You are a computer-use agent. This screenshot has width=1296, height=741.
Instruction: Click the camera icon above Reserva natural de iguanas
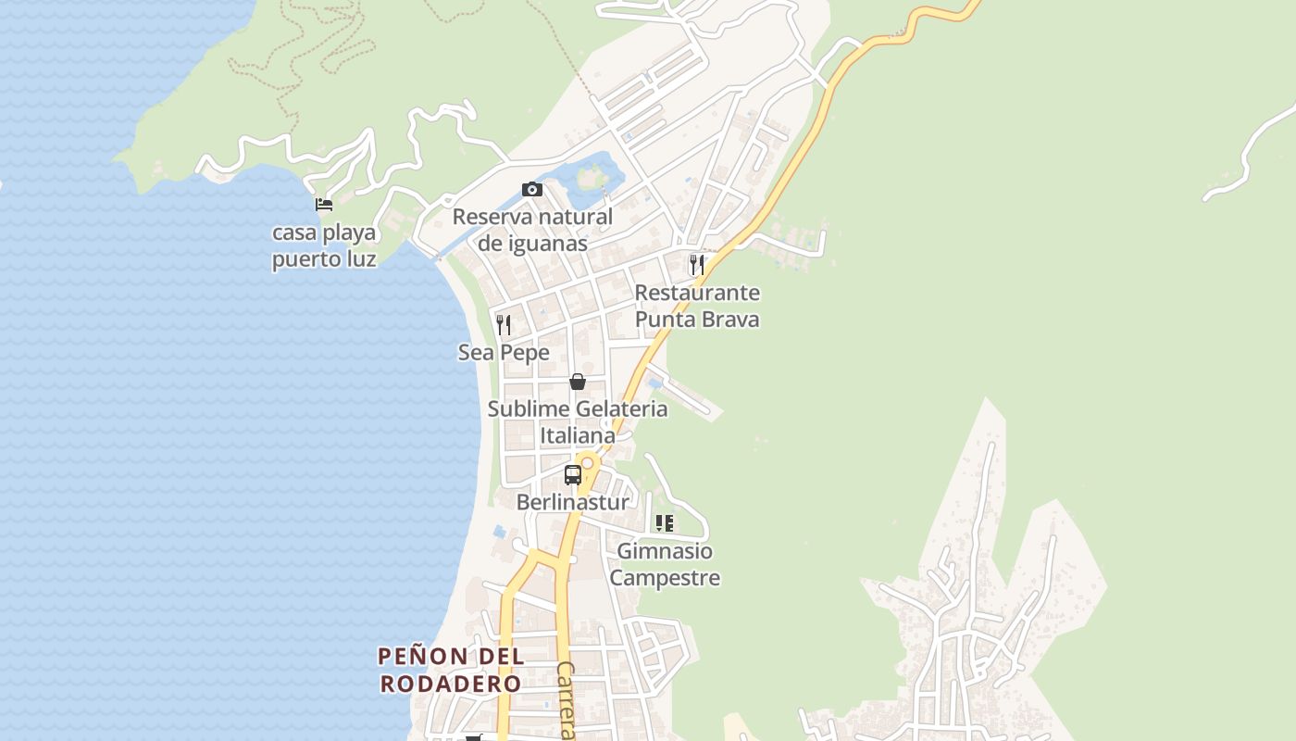coord(532,189)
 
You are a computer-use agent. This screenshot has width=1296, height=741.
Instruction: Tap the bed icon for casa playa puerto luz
coord(324,204)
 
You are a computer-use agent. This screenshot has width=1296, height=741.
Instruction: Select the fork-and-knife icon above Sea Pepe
coord(504,324)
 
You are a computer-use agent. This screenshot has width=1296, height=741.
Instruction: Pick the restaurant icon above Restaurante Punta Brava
coord(697,264)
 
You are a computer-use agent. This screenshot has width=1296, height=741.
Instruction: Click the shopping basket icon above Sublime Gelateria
coord(578,382)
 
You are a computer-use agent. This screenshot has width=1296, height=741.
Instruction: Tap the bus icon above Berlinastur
coord(573,475)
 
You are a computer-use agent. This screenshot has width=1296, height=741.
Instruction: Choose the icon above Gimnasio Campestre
coord(665,523)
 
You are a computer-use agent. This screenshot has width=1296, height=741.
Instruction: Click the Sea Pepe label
coord(504,353)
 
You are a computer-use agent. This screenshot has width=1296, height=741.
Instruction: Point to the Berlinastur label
coord(572,502)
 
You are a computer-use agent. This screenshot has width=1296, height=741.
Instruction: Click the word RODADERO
coord(451,684)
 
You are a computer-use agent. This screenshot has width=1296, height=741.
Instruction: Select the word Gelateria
coord(621,408)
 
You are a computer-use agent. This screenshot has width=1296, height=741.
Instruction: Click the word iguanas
coord(547,244)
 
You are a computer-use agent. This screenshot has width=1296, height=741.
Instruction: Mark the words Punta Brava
coord(697,320)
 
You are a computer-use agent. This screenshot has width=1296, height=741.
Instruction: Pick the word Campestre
coord(665,578)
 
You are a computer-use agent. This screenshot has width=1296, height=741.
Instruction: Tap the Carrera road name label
coord(567,699)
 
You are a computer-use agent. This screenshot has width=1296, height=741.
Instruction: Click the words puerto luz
coord(324,258)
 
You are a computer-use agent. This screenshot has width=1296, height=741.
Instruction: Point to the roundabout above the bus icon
coord(587,461)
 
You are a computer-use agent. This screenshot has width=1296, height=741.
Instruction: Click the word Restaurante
coord(697,293)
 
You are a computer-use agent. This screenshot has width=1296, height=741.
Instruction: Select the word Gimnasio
coord(665,551)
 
